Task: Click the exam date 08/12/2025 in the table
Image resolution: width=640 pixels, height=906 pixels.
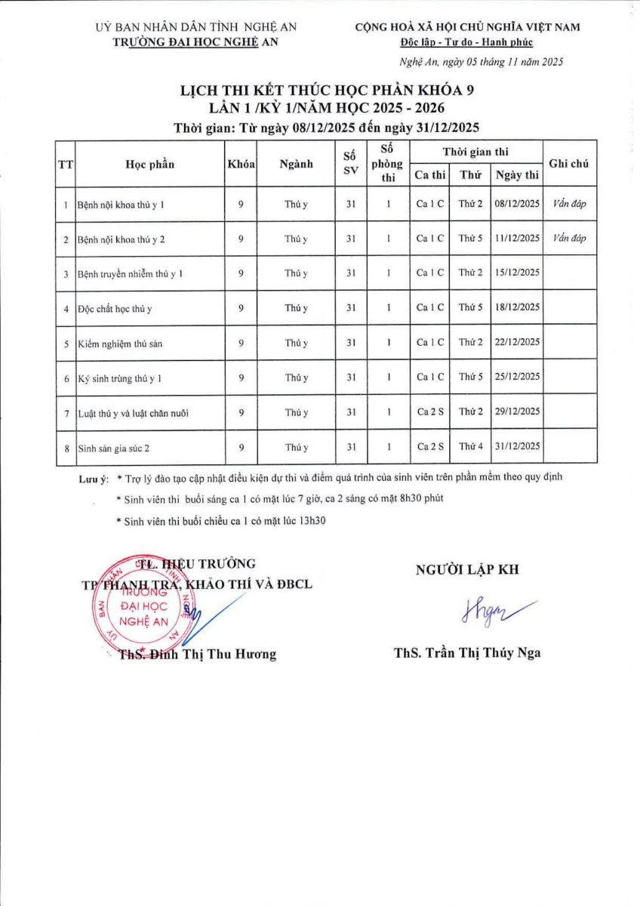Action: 517,204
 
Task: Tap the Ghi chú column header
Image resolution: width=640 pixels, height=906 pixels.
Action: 569,163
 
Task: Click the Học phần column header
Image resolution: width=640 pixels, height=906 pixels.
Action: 150,165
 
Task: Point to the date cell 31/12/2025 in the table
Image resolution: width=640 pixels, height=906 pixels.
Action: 517,447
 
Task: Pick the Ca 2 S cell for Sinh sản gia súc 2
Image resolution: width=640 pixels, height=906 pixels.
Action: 430,447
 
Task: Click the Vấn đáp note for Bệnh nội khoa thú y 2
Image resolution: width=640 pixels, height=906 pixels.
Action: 569,239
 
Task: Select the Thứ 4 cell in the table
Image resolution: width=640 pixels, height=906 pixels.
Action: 470,447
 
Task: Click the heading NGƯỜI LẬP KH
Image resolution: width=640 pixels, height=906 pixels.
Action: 467,570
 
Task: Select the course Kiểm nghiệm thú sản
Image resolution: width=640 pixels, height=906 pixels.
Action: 119,344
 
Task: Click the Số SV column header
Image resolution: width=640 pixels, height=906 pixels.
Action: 349,163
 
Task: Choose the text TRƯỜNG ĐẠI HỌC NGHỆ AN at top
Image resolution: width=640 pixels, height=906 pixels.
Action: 195,42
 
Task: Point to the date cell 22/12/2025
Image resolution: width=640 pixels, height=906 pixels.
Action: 517,343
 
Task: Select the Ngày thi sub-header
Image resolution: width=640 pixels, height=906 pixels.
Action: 517,176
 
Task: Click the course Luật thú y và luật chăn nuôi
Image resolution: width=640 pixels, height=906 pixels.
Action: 133,413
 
